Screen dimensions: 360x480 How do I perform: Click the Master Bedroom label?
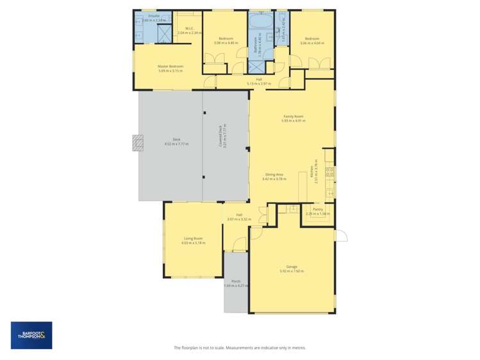coord(170,67)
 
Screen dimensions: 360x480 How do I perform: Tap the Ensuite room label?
coord(154,15)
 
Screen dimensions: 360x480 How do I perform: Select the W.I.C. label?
coord(190,28)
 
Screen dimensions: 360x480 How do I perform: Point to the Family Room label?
coord(294,116)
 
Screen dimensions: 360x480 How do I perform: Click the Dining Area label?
coord(274,174)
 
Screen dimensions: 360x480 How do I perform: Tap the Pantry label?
coord(318,209)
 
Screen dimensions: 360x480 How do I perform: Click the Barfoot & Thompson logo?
coord(31,335)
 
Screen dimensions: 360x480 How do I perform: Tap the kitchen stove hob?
coord(330,171)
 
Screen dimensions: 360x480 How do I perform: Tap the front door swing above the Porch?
coord(240,244)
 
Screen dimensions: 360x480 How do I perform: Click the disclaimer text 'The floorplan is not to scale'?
coord(240,348)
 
